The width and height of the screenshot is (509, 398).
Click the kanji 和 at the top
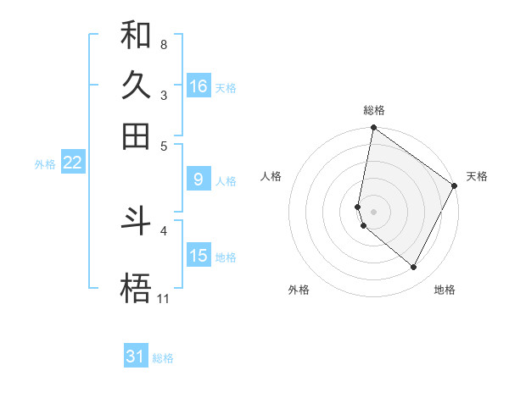[136, 35]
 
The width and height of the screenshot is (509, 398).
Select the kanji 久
[136, 86]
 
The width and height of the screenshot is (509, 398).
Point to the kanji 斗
[136, 221]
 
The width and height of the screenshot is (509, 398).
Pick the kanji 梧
[136, 289]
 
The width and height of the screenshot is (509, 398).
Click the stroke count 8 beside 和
[163, 43]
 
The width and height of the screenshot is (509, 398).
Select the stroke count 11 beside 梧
[163, 298]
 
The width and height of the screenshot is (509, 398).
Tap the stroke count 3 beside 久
[163, 94]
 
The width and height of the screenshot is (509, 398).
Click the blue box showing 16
[199, 86]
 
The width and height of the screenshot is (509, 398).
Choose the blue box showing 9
[198, 180]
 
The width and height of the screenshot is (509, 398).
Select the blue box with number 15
[199, 256]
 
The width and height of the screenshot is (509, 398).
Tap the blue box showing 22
[72, 163]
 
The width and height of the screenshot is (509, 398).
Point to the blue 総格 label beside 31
[163, 358]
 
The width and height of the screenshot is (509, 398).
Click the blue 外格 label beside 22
[45, 164]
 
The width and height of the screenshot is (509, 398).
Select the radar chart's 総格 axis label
[373, 110]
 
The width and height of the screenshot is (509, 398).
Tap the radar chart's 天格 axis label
[477, 176]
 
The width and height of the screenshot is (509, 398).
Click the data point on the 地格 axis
[414, 268]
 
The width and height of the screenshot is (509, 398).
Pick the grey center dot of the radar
[373, 212]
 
